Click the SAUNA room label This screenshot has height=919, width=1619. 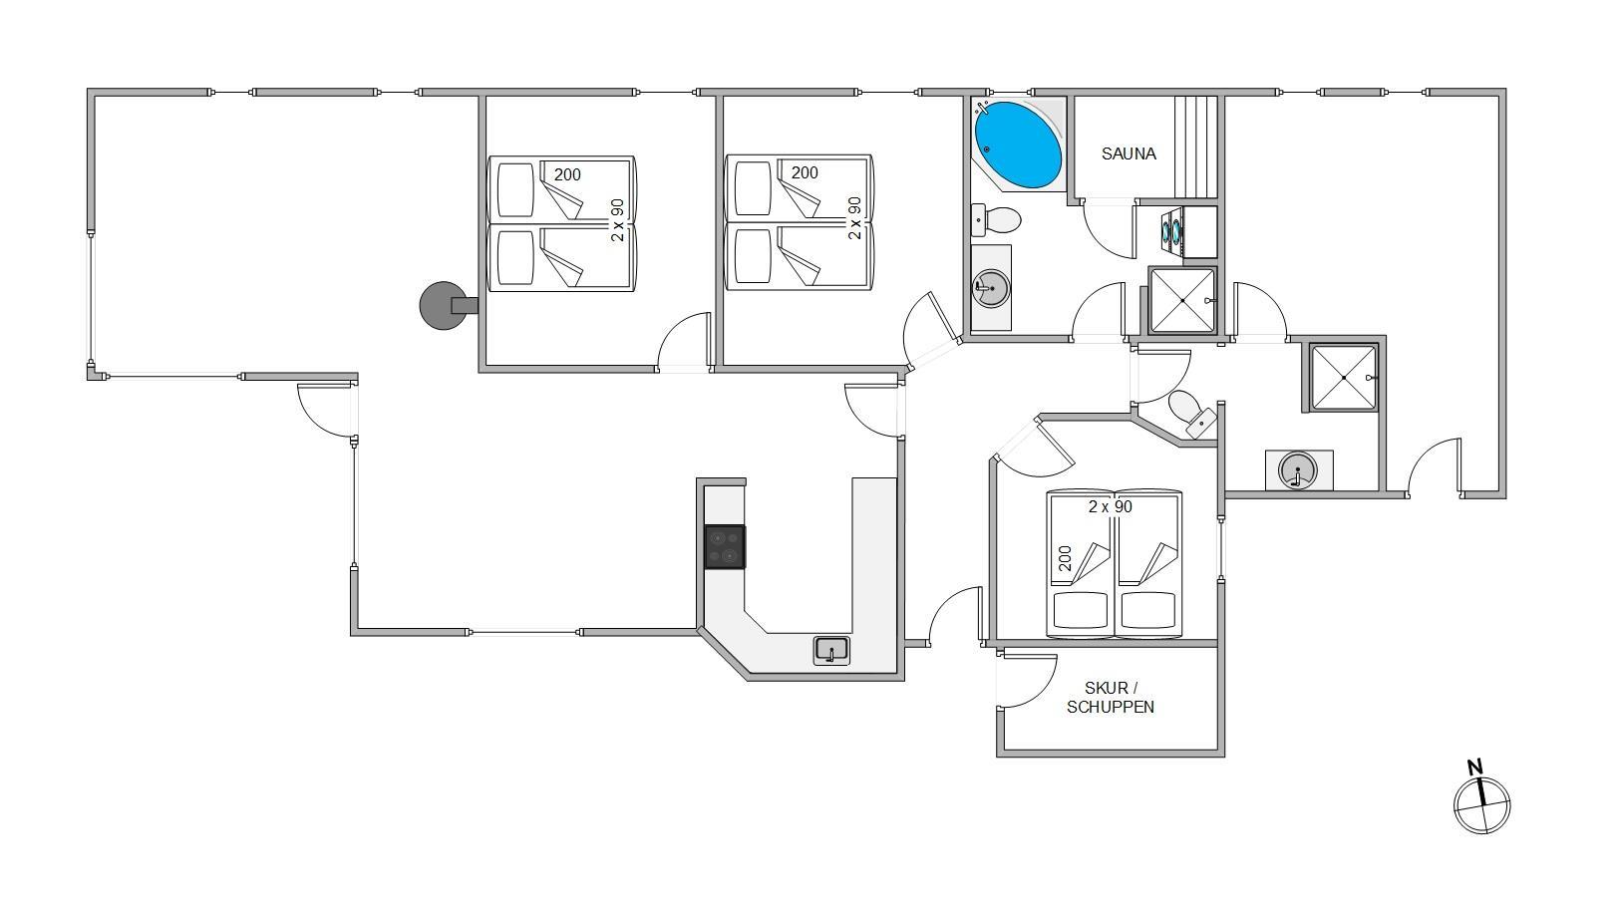point(1129,153)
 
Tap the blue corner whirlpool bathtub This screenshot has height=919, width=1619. point(1018,145)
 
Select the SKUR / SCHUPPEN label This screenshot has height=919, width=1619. point(1111,697)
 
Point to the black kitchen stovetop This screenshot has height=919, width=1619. point(724,546)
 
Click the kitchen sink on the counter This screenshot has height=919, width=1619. point(831,650)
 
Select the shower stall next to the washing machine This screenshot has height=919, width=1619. point(1182,300)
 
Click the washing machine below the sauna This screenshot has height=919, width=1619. point(1171,231)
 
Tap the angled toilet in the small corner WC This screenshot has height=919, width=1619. point(1192,414)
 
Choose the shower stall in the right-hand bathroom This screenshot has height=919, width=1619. point(1343,378)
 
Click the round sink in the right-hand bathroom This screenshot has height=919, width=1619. point(1297,470)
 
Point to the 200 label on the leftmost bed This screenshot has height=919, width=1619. point(567,174)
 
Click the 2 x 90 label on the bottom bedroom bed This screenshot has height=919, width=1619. point(1111,507)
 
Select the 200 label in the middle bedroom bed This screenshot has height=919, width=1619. point(805,172)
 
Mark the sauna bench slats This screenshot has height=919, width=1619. point(1196,147)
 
